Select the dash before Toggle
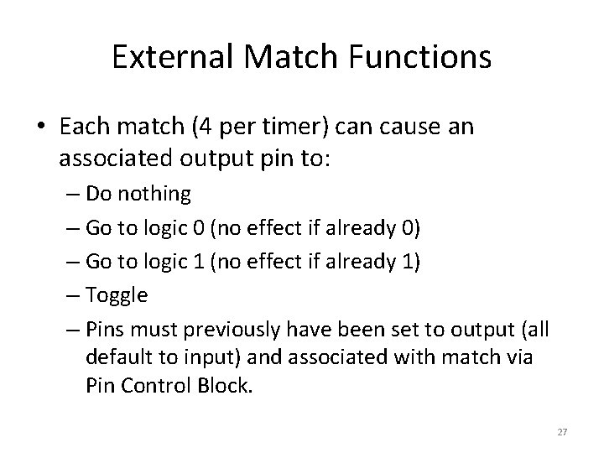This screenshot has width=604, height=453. point(70,294)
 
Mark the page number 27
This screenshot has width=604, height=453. point(562,432)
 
